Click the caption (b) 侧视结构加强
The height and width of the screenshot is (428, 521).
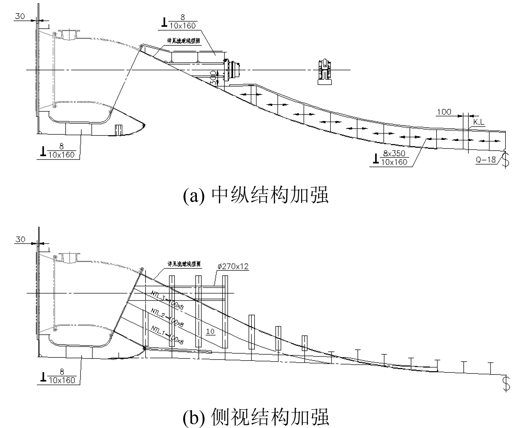[256, 417]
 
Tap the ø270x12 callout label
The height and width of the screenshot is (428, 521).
[232, 266]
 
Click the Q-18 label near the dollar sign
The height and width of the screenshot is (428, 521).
[485, 159]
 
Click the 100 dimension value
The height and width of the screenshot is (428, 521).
[444, 112]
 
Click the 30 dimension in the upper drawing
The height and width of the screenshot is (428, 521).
[20, 16]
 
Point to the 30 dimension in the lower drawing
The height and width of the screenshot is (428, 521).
[20, 240]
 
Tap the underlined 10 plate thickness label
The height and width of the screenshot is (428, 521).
[210, 331]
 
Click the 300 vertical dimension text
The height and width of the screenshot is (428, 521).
[214, 78]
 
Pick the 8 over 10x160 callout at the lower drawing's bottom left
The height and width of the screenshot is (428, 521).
[59, 377]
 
